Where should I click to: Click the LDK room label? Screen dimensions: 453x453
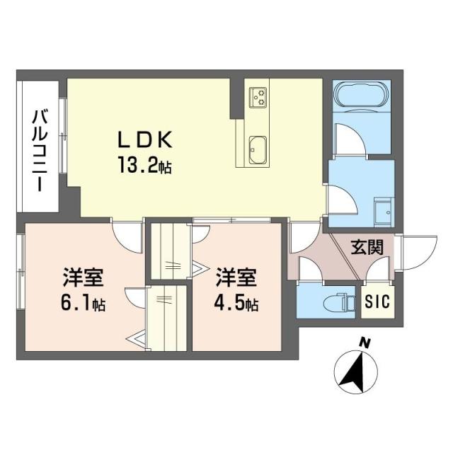[x=147, y=140]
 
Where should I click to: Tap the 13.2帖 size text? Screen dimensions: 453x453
[x=145, y=167]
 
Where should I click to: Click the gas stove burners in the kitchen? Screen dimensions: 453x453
[x=258, y=96]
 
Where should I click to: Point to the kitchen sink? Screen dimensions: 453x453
[x=258, y=149]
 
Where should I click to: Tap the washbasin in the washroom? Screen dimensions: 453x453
[x=383, y=210]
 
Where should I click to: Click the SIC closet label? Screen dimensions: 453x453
[x=376, y=301]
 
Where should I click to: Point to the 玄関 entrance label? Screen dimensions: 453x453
[x=367, y=247]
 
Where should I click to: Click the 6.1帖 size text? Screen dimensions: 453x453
[x=83, y=304]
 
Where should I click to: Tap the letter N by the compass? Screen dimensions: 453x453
[x=365, y=343]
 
